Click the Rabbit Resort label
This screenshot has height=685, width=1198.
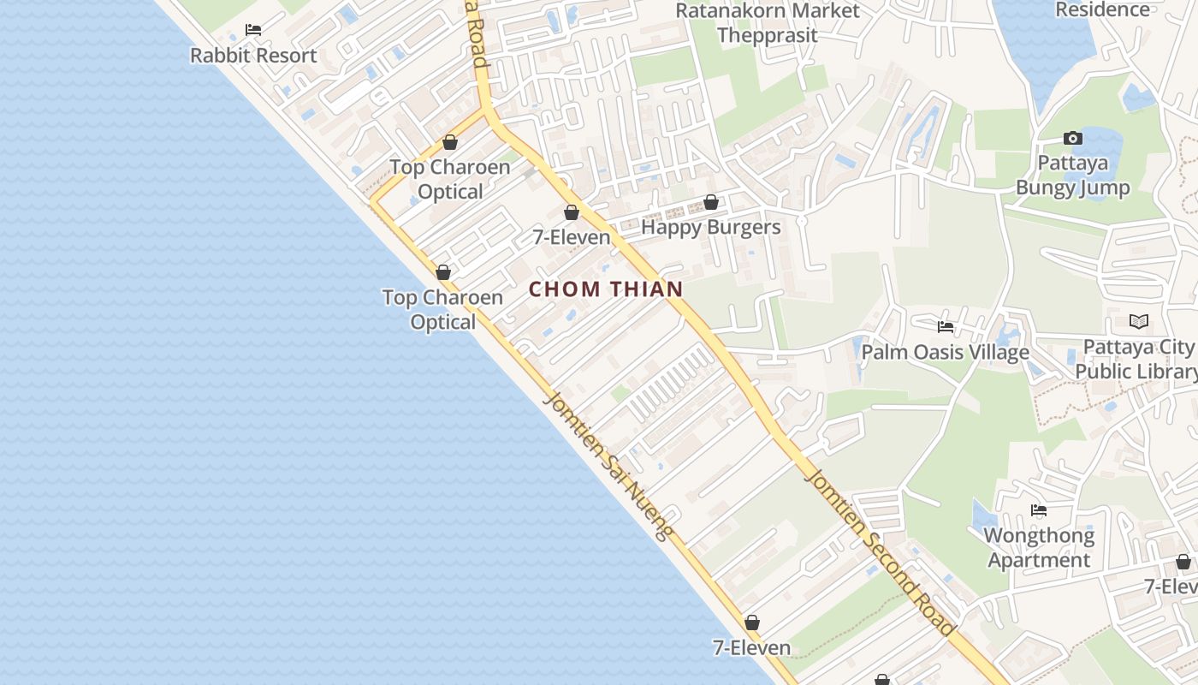[253, 56]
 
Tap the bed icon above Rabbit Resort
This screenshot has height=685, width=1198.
[253, 30]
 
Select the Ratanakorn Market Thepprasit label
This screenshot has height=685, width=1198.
[768, 23]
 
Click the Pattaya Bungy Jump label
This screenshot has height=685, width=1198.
[1072, 176]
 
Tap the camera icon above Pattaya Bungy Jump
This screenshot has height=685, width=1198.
[1072, 138]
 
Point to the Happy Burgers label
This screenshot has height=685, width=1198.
[710, 227]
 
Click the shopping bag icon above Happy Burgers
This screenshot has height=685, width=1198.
[710, 202]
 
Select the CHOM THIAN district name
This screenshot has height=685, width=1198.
[606, 289]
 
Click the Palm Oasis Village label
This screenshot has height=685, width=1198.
[945, 352]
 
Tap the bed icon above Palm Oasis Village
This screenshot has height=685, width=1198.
[946, 326]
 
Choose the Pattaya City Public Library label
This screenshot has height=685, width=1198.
[1137, 359]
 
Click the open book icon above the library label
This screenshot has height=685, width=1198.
[1138, 321]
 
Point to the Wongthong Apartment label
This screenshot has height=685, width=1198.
[1039, 548]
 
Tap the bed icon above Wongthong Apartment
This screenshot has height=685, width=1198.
[1039, 510]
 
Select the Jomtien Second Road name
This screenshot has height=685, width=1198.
[879, 552]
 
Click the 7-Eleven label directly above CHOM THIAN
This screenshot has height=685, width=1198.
[572, 237]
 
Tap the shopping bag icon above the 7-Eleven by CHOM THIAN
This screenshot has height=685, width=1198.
[571, 212]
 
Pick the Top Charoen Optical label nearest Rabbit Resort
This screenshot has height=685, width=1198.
[450, 179]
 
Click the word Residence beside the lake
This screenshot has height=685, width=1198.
[1102, 9]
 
